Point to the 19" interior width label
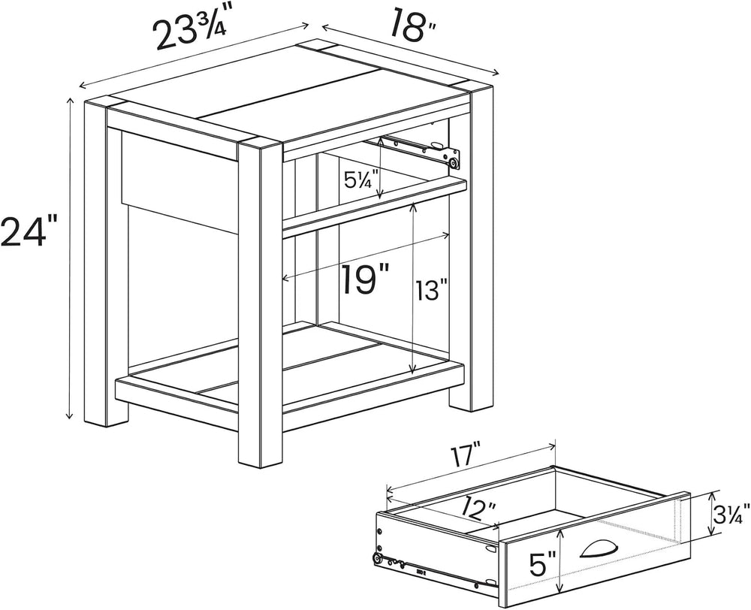click(364, 279)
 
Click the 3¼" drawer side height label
click(731, 514)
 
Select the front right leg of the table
click(259, 303)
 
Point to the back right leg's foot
click(471, 397)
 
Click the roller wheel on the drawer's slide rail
click(378, 558)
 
